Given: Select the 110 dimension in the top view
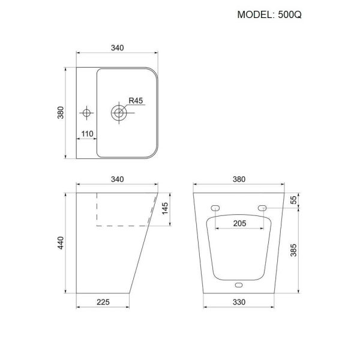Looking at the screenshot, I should pos(87,134).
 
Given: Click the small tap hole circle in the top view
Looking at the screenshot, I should pos(87,112).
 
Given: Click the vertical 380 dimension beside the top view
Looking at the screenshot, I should pos(61,112).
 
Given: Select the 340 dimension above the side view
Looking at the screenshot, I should pos(118,178).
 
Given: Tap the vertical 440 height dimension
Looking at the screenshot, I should pos(61,243).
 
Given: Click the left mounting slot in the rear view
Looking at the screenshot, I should pos(215,208).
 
